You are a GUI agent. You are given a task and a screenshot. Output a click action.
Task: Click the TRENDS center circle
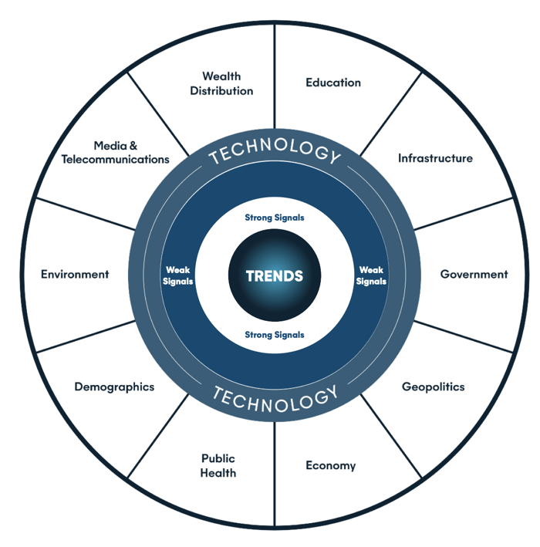point(275,275)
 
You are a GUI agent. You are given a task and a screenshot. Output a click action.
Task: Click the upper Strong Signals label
point(275,218)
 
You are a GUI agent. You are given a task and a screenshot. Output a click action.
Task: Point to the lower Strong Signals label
point(275,335)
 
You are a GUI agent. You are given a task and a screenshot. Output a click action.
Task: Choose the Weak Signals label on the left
point(179,275)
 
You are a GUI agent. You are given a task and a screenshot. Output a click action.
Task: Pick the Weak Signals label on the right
point(371,275)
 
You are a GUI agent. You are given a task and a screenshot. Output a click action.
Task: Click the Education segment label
point(333,83)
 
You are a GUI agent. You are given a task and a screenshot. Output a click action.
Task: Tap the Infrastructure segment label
point(435,158)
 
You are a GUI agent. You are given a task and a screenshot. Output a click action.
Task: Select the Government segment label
point(474,274)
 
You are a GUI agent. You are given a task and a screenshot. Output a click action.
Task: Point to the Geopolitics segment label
point(434,387)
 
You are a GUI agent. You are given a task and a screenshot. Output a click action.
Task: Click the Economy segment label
point(330,465)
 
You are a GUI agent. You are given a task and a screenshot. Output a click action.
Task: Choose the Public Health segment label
point(218,465)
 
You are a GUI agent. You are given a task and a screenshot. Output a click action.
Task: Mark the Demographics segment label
point(114,387)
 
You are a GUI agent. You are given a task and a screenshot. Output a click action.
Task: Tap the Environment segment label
point(75,274)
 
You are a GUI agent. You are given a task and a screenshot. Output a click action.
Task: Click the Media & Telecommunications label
point(116,152)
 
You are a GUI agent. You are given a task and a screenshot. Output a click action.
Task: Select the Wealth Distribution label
point(222,83)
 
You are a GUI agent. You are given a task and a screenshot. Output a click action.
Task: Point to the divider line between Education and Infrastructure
point(390,108)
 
